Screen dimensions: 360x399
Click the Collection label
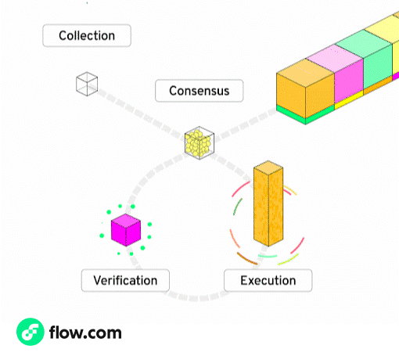coord(86,35)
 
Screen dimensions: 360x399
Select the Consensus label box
coord(199,91)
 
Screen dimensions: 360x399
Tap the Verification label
coord(125,280)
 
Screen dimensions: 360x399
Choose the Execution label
coord(268,280)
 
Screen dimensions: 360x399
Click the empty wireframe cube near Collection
coord(86,84)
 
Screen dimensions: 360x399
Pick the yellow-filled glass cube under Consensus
coord(199,142)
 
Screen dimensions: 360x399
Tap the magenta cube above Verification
coord(125,229)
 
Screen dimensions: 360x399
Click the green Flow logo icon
coord(30,333)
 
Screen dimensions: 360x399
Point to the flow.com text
coord(85,333)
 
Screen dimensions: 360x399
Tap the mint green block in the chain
coord(378,67)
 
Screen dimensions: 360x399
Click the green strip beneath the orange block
coord(305,117)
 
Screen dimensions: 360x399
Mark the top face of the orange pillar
coord(268,168)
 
